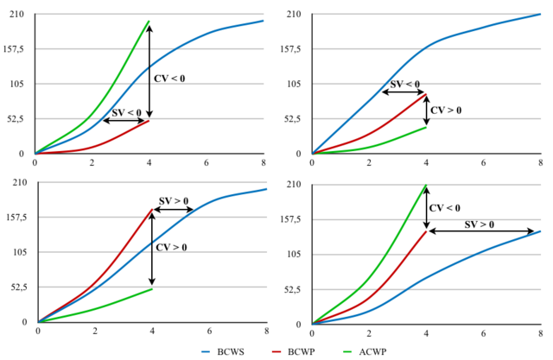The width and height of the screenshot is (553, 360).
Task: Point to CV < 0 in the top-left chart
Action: pyautogui.click(x=169, y=79)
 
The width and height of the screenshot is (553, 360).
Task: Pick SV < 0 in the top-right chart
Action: pyautogui.click(x=405, y=85)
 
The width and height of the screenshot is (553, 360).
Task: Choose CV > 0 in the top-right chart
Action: pyautogui.click(x=446, y=111)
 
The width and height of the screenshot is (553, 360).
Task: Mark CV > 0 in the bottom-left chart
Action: pyautogui.click(x=170, y=248)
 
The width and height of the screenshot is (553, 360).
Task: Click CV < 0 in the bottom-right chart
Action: pyautogui.click(x=445, y=208)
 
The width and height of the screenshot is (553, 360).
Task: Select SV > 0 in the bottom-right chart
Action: pyautogui.click(x=480, y=224)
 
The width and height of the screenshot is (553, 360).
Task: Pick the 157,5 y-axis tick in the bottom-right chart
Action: pyautogui.click(x=294, y=219)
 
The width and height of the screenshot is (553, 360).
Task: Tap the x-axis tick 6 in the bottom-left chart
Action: pyautogui.click(x=209, y=331)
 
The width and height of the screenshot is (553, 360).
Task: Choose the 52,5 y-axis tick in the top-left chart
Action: pyautogui.click(x=16, y=118)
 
